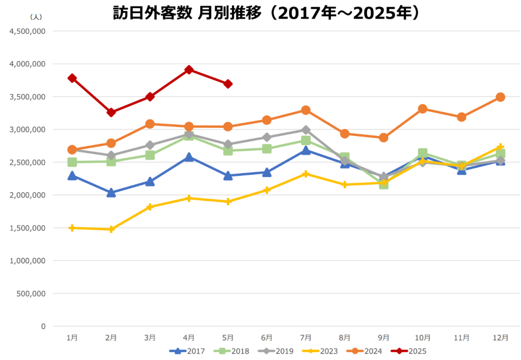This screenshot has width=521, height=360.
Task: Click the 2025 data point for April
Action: tap(189, 70)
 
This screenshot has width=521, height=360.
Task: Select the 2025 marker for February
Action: tap(111, 112)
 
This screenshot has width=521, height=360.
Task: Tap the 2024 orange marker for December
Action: tap(500, 97)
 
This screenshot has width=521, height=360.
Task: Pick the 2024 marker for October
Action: tap(423, 109)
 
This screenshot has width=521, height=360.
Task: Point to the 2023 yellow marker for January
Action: tap(72, 228)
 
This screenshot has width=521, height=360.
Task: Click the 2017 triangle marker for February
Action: tap(111, 193)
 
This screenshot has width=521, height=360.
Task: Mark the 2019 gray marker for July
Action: tap(305, 130)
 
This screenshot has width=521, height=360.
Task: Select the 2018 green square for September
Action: tap(384, 184)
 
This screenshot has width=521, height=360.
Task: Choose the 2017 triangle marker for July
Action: tap(305, 151)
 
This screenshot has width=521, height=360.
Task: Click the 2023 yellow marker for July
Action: tap(305, 174)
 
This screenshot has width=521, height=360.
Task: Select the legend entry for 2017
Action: tap(188, 351)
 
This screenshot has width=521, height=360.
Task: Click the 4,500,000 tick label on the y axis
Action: tap(27, 31)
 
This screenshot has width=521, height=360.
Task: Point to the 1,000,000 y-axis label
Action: tap(27, 261)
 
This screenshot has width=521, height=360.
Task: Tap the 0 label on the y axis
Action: tap(43, 326)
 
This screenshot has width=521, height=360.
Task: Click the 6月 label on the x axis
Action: tap(267, 338)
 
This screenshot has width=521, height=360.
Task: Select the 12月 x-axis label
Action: tap(500, 338)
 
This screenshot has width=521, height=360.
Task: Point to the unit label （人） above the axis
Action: tap(36, 17)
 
